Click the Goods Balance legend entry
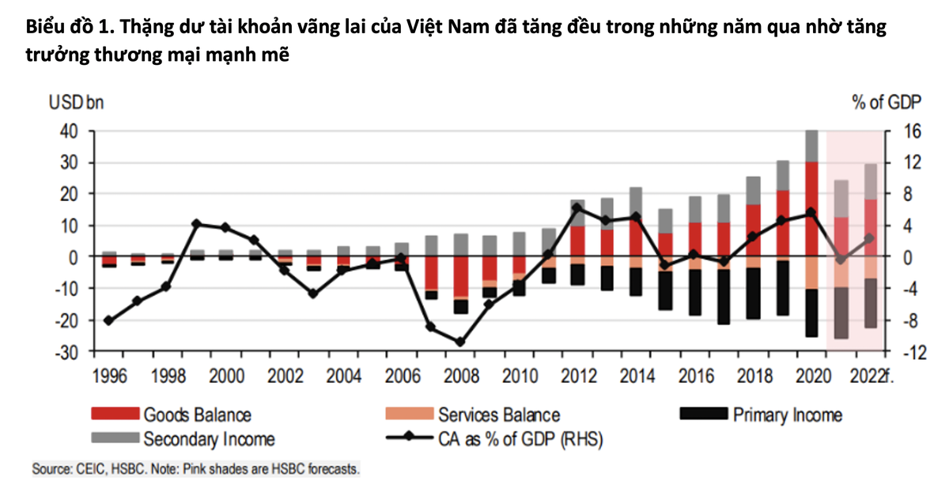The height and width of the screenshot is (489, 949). tap(197, 415)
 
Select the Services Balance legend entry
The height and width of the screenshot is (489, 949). tap(499, 415)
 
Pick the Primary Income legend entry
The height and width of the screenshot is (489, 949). tap(787, 414)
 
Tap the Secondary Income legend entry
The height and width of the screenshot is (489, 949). tap(209, 438)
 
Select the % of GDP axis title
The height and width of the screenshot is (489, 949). tap(882, 102)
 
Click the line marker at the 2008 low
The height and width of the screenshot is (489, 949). tap(459, 342)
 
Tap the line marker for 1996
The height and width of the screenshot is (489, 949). tap(108, 320)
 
